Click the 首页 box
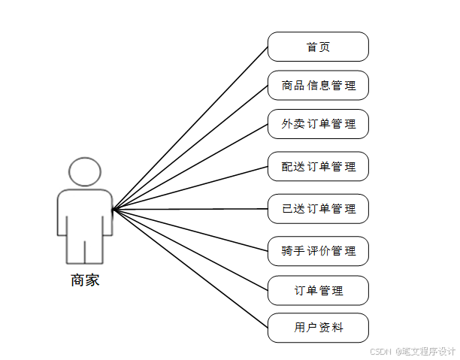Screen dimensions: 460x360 point(318,47)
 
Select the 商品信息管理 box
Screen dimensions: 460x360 point(318,86)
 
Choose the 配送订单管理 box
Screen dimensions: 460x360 point(318,166)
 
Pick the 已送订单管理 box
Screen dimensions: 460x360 point(318,208)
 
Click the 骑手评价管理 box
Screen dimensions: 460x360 point(318,250)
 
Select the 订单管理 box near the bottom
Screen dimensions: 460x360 point(318,290)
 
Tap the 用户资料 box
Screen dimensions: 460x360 point(318,328)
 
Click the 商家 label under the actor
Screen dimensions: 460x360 point(85,281)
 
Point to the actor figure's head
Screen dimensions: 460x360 point(85,171)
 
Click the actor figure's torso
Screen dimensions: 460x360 point(85,214)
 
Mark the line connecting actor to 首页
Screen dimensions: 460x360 point(190,128)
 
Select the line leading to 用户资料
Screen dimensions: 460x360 point(190,268)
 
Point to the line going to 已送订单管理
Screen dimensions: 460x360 point(190,209)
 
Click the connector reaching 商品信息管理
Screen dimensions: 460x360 point(190,147)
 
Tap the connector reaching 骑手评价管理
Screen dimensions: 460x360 point(190,230)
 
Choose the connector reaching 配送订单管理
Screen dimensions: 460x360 point(190,188)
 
